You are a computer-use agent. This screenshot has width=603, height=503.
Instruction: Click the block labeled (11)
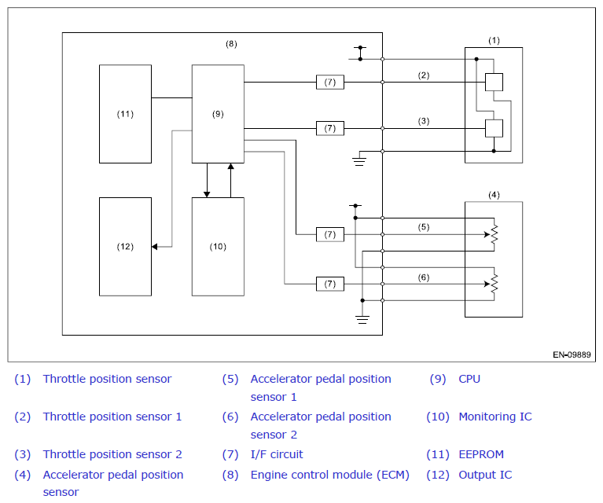(125, 114)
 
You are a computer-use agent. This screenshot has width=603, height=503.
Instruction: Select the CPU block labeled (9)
(218, 114)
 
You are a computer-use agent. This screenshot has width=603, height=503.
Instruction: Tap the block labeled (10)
(218, 247)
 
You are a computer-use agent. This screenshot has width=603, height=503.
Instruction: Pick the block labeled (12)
(125, 247)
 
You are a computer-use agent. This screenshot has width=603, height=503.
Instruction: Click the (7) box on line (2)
(330, 82)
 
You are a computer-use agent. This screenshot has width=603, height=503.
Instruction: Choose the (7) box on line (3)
(330, 128)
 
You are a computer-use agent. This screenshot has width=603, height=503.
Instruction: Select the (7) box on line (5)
(330, 234)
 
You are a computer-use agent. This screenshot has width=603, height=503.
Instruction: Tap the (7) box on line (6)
(330, 284)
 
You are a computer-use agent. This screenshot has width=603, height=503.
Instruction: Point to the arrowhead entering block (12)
(155, 247)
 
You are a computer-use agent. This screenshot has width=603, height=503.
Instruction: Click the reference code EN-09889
(572, 354)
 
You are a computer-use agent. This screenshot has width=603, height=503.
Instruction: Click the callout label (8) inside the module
(231, 44)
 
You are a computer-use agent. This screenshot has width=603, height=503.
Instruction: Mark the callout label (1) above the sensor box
(494, 40)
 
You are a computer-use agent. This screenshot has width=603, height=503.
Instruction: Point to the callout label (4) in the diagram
(494, 195)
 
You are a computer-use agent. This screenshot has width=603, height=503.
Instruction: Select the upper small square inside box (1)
(494, 82)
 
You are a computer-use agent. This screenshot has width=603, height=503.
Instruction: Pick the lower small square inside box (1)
(494, 128)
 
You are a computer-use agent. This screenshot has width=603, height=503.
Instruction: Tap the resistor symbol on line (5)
(495, 234)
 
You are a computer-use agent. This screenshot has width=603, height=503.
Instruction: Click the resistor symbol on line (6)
(495, 284)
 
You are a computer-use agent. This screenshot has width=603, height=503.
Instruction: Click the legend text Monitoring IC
(495, 417)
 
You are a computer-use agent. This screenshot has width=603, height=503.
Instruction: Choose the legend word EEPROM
(481, 454)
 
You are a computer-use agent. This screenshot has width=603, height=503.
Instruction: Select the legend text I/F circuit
(277, 454)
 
